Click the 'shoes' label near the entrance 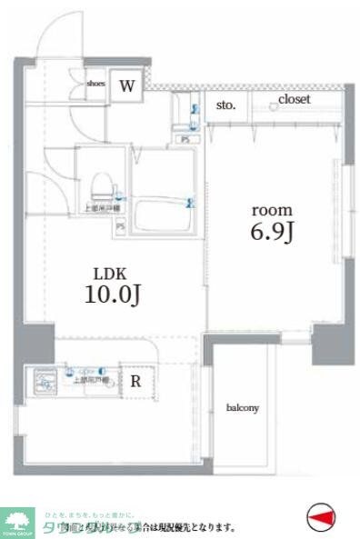click(x=95, y=84)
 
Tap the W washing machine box click(x=127, y=86)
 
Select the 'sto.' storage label click(x=225, y=106)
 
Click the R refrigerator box click(x=135, y=381)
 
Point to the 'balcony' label click(x=243, y=408)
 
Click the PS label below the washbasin click(x=185, y=139)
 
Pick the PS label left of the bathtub click(x=120, y=225)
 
